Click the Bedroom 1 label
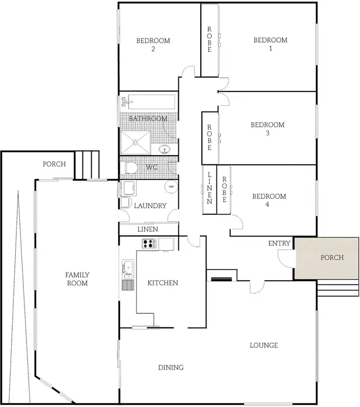270,44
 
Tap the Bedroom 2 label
153,45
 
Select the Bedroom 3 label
267,129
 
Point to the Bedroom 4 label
269,200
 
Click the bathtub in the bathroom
151,102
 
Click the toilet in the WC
130,167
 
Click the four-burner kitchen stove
148,244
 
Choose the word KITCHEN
162,283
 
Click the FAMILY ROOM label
77,279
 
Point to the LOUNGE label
264,345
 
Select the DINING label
170,367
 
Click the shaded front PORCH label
331,257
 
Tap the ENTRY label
279,244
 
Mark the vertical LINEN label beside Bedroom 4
209,188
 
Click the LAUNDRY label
150,206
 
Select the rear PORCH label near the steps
54,164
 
